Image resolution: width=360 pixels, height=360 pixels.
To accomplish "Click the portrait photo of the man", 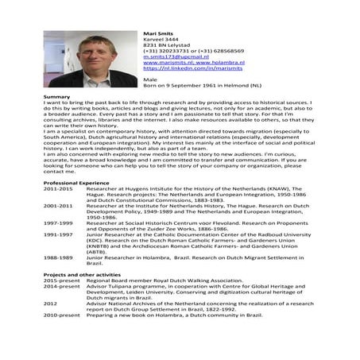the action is (x=79, y=60).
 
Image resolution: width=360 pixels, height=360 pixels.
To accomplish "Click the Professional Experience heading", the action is (x=76, y=183).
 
